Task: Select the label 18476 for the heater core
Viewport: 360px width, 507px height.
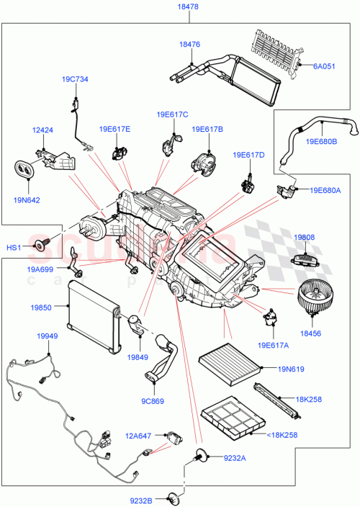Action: (x=189, y=44)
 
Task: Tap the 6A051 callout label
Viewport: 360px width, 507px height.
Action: (x=325, y=66)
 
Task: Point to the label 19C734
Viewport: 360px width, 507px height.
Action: (x=74, y=79)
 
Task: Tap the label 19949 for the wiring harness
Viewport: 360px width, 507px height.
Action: (x=48, y=336)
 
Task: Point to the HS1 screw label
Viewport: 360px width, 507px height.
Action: (x=14, y=248)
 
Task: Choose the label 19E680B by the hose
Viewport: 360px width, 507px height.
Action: (x=321, y=142)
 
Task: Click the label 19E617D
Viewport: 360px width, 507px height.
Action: (x=248, y=155)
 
